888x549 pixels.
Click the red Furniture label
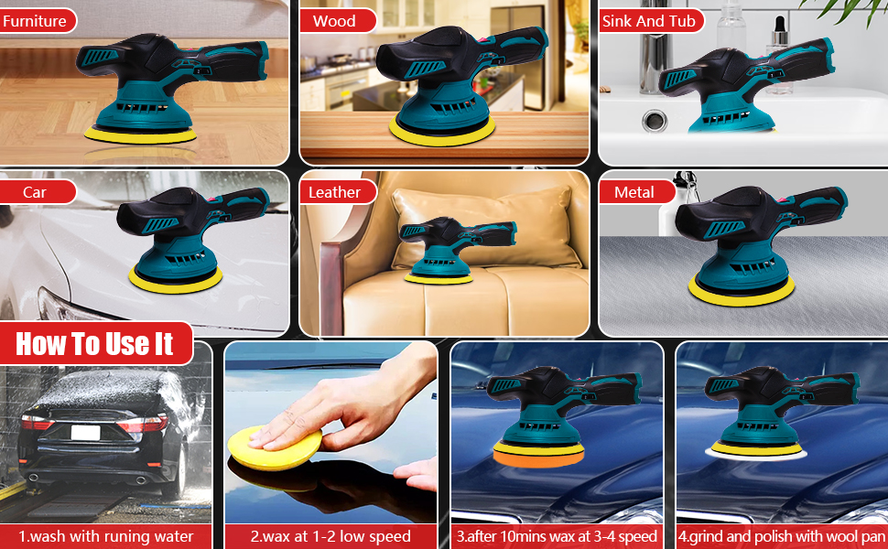coord(36,20)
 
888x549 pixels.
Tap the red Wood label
coord(335,20)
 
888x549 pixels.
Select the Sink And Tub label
coord(649,20)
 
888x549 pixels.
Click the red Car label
coord(36,192)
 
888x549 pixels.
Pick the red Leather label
coord(335,192)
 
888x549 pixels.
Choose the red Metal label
coord(634,192)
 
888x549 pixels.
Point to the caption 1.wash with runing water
coord(107,536)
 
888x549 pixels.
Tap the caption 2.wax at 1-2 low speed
coord(330,536)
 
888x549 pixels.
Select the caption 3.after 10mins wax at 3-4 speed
coord(557,536)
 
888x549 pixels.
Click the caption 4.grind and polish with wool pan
coord(781,536)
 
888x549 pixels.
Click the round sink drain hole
coord(655,120)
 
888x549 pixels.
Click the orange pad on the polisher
coord(538,453)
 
